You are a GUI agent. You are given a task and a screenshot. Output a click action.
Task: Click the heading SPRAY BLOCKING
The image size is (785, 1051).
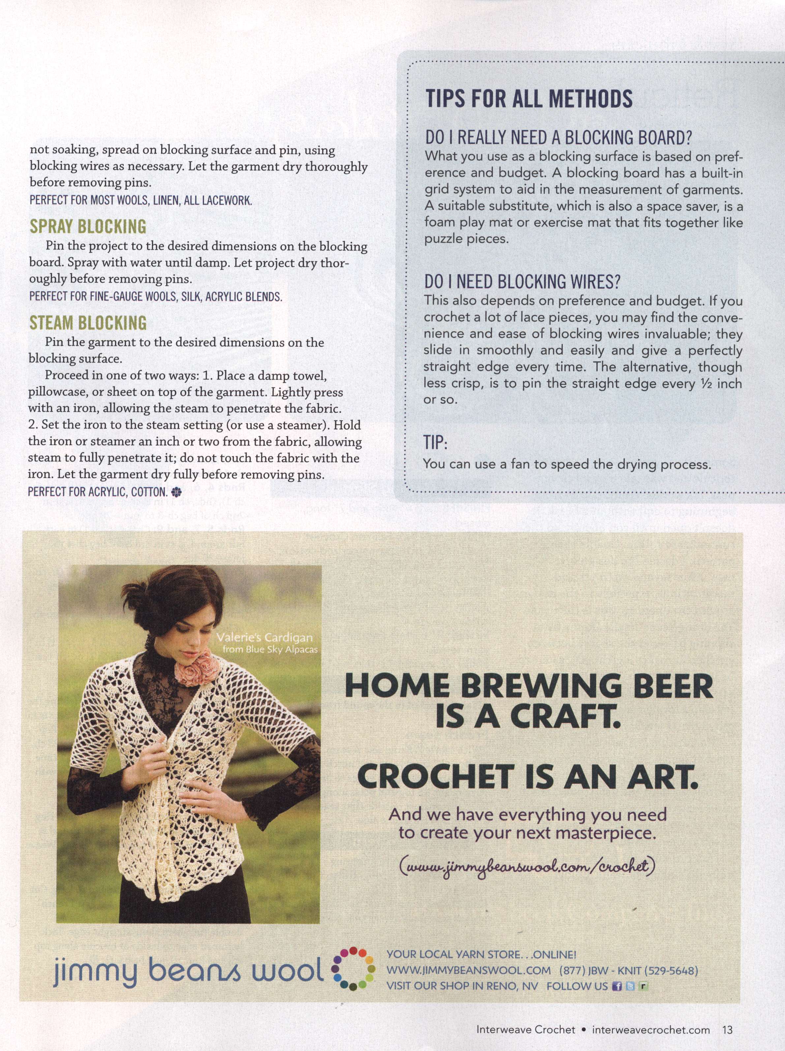pyautogui.click(x=88, y=226)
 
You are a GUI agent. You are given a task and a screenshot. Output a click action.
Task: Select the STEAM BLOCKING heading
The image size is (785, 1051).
pyautogui.click(x=88, y=323)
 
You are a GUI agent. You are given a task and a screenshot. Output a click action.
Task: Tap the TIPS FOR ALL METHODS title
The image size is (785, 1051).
pyautogui.click(x=529, y=98)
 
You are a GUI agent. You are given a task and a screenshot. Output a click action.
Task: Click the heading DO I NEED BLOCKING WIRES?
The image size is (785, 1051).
pyautogui.click(x=522, y=282)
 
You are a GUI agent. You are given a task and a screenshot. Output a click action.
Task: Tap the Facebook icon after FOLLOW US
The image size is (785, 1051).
pyautogui.click(x=617, y=986)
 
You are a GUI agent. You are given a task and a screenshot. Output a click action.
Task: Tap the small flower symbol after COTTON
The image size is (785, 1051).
pyautogui.click(x=177, y=491)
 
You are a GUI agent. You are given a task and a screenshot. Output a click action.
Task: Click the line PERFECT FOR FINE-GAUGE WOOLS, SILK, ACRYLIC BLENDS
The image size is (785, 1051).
pyautogui.click(x=155, y=296)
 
